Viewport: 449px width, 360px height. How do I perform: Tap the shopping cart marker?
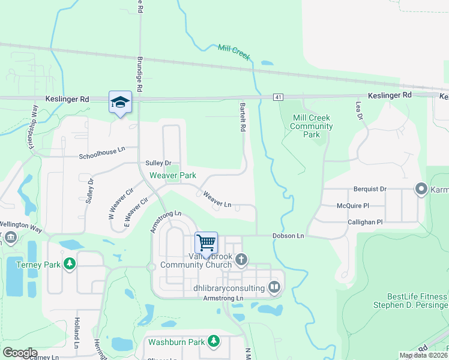[x=206, y=242]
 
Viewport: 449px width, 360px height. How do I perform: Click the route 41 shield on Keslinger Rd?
[x=277, y=97]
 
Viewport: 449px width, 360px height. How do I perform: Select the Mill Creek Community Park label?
[x=312, y=127]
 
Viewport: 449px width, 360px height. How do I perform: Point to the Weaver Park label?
[x=173, y=175]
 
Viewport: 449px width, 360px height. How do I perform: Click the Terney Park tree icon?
[x=70, y=263]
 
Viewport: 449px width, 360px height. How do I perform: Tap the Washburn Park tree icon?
[x=214, y=342]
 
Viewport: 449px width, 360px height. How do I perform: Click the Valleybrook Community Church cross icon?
[x=241, y=259]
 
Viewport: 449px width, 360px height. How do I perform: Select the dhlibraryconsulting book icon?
[x=274, y=287]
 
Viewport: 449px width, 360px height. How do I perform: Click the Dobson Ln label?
[x=288, y=236]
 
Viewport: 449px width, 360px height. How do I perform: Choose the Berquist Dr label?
[x=370, y=188]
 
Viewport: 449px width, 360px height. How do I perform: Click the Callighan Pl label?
[x=365, y=222]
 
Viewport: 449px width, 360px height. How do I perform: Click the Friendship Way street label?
[x=32, y=127]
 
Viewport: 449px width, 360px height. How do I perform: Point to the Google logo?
[x=19, y=353]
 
